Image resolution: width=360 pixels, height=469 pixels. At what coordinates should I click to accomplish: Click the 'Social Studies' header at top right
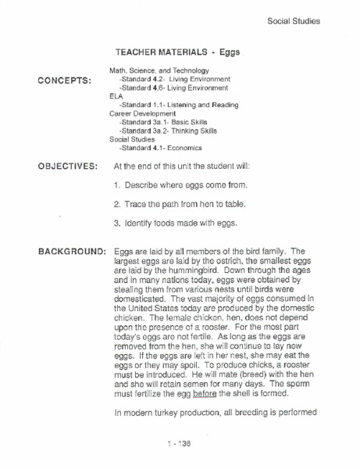(x=293, y=20)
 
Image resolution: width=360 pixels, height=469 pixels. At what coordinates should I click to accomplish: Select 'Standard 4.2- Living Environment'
(x=174, y=80)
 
